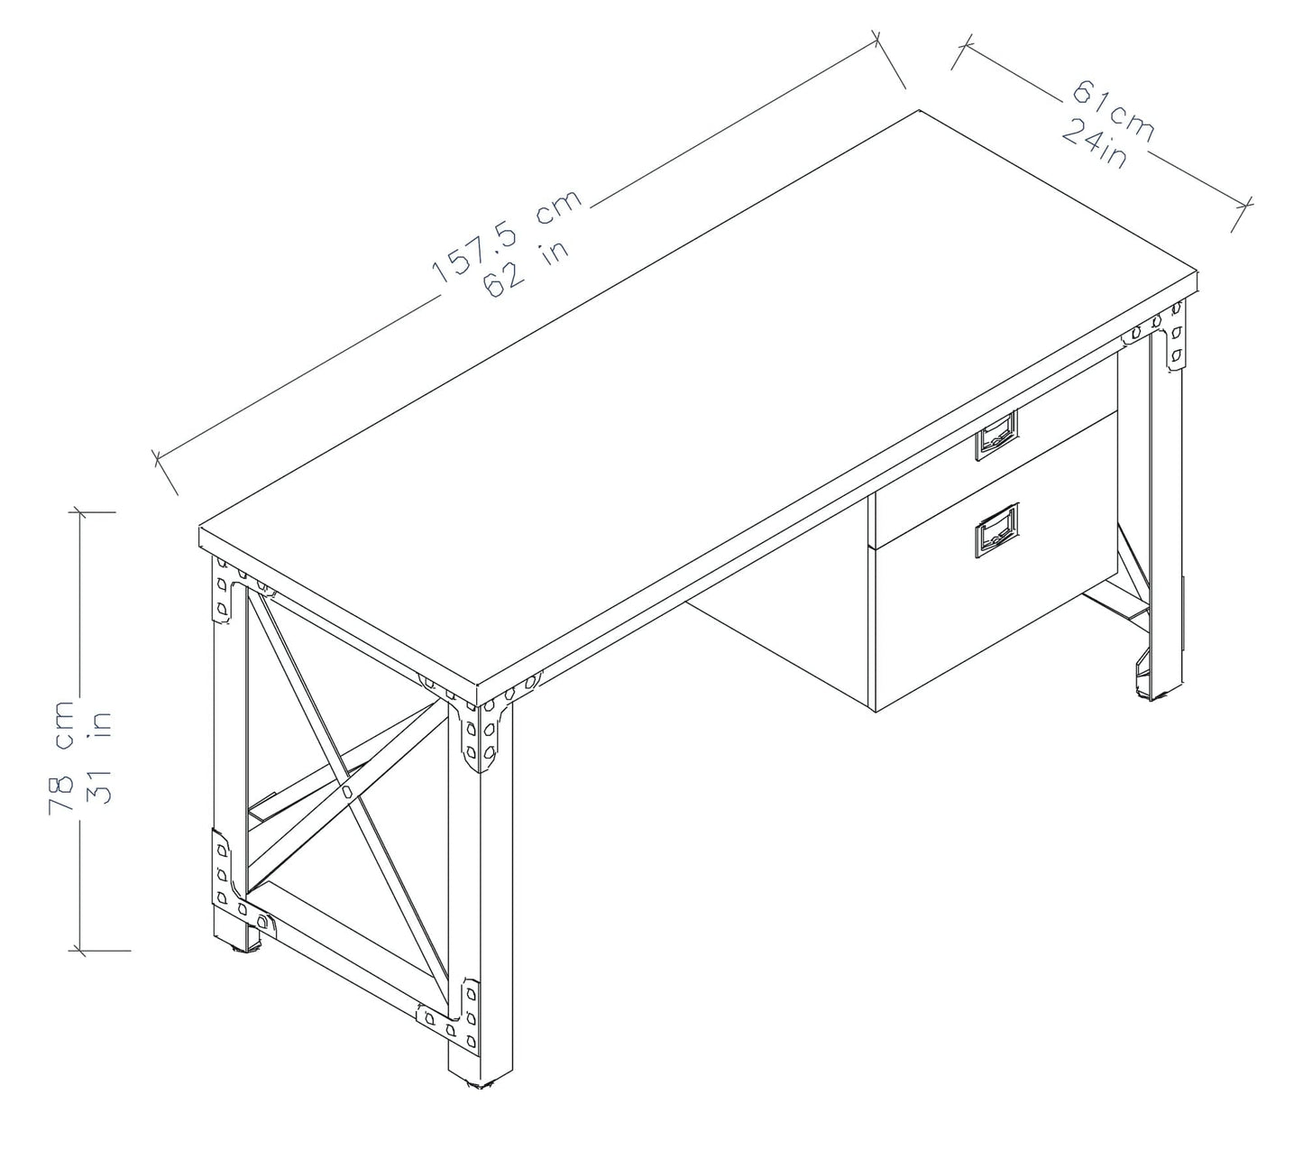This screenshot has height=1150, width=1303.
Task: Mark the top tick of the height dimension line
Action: click(94, 511)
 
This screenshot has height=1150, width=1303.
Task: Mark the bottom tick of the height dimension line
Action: click(99, 950)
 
